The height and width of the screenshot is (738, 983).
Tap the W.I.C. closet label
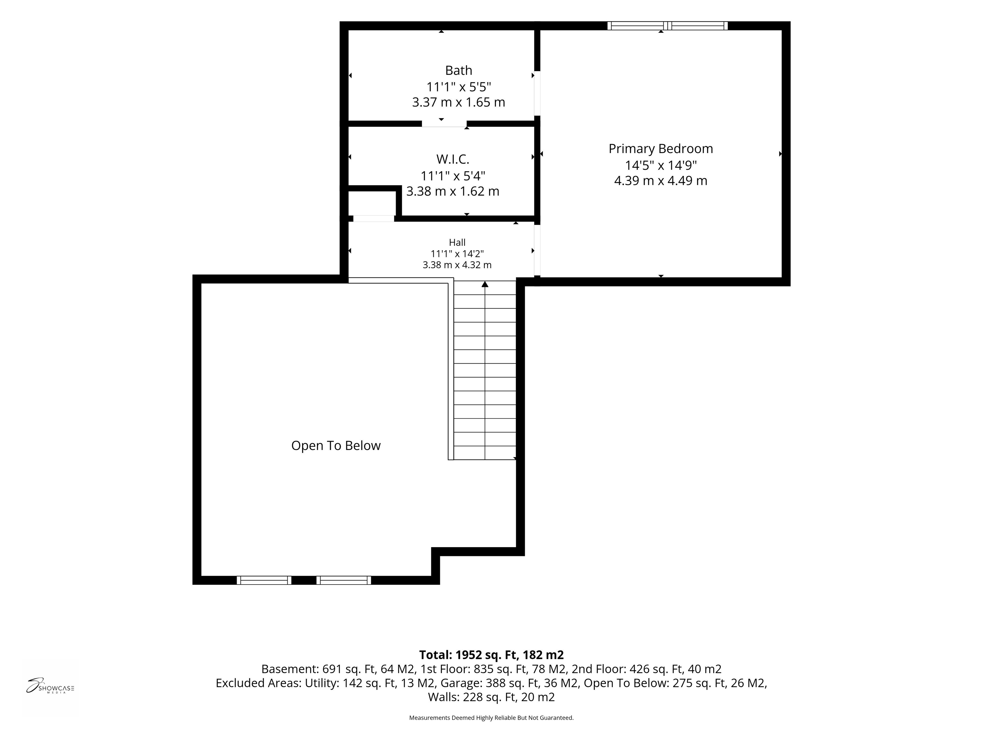452,159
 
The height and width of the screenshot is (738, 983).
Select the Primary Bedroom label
661,149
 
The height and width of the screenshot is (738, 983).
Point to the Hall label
457,242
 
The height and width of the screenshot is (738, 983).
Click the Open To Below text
336,446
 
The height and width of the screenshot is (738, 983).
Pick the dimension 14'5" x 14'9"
661,165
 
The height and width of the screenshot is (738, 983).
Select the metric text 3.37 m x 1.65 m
459,102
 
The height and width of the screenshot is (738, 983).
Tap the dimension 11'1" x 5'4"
453,176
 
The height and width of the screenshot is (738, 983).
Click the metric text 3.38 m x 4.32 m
457,265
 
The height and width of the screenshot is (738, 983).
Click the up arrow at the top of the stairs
485,284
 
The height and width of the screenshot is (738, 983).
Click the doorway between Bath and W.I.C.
444,124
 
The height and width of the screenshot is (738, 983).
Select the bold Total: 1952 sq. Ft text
469,655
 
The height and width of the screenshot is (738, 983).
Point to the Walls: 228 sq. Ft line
472,697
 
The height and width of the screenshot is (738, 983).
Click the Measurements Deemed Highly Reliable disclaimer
491,717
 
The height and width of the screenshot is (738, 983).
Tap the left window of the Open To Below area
264,580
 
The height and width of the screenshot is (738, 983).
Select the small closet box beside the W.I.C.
372,203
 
